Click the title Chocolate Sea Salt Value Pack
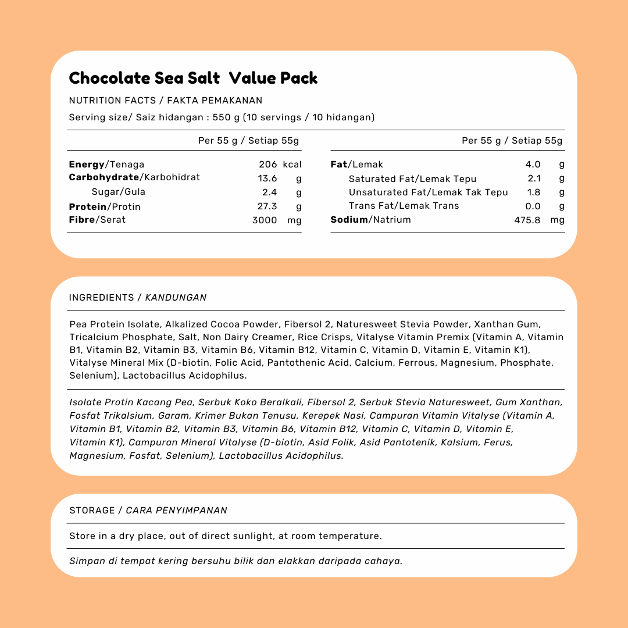tap(193, 78)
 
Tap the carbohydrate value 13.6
tap(267, 179)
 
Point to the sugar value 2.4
tap(269, 192)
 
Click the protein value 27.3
tap(267, 206)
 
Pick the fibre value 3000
tap(265, 220)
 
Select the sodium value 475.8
tap(527, 220)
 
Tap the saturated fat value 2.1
tap(534, 179)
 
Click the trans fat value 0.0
tap(533, 206)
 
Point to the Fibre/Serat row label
tap(97, 220)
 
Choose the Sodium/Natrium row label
tap(370, 220)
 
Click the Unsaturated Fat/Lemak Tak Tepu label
tap(428, 192)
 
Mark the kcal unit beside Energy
tap(292, 165)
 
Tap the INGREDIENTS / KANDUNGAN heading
tap(138, 298)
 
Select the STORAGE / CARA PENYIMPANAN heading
tap(148, 511)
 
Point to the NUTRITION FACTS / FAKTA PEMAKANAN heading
tap(166, 101)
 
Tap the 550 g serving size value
tap(226, 117)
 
